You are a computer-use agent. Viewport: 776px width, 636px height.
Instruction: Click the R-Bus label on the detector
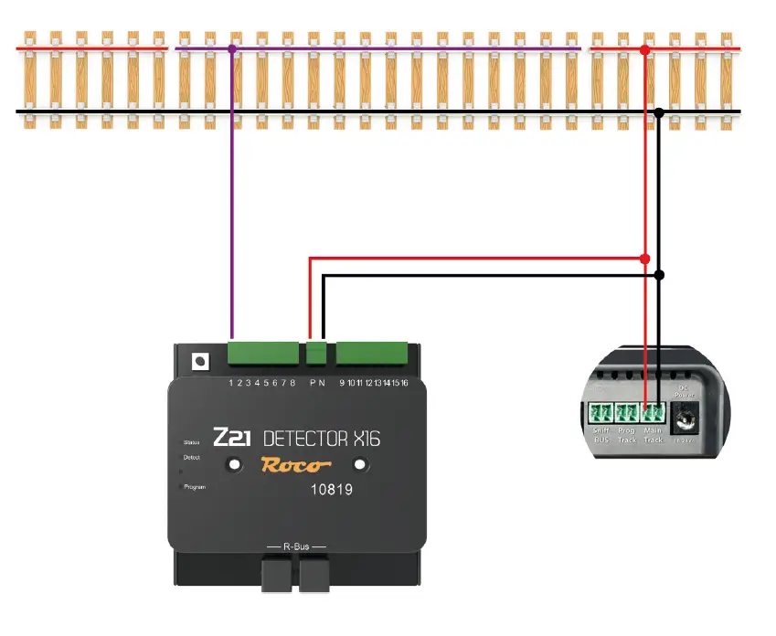[295, 546]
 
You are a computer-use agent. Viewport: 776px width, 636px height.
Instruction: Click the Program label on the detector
[195, 487]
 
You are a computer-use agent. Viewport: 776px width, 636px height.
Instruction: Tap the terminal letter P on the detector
[312, 382]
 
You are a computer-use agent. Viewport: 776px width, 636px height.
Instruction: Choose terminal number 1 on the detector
[231, 382]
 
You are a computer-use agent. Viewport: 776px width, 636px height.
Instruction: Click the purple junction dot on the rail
[232, 48]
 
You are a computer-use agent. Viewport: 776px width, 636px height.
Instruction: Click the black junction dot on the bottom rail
[659, 112]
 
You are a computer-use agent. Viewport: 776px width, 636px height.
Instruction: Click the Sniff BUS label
[601, 434]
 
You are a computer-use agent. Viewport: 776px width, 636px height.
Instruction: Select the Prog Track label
[626, 434]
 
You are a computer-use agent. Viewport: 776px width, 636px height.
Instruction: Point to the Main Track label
[653, 434]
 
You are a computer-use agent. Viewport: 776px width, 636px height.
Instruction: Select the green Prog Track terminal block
[626, 413]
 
